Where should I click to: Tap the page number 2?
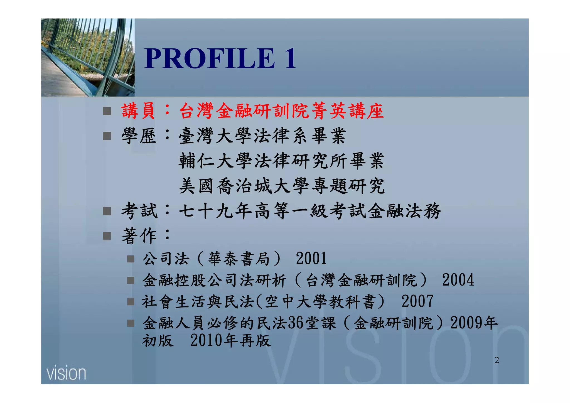click(497, 360)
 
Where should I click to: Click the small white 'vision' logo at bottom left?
click(66, 373)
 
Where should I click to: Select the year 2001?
click(311, 259)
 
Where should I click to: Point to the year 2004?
click(458, 280)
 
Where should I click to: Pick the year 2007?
click(417, 301)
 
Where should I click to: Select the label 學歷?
click(139, 136)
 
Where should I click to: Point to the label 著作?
click(139, 236)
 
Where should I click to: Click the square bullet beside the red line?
click(107, 111)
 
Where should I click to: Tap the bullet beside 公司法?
click(131, 259)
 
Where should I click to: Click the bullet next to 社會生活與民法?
click(131, 302)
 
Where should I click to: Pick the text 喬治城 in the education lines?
click(245, 186)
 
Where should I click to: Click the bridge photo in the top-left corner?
click(88, 58)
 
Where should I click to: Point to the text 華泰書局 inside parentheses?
click(239, 259)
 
